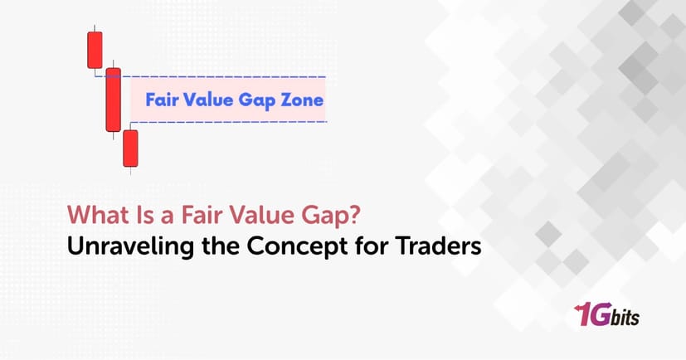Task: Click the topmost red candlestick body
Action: [95, 50]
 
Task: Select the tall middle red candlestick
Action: [113, 100]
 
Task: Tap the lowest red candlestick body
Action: [129, 148]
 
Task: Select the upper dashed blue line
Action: [224, 76]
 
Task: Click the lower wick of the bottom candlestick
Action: [129, 169]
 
